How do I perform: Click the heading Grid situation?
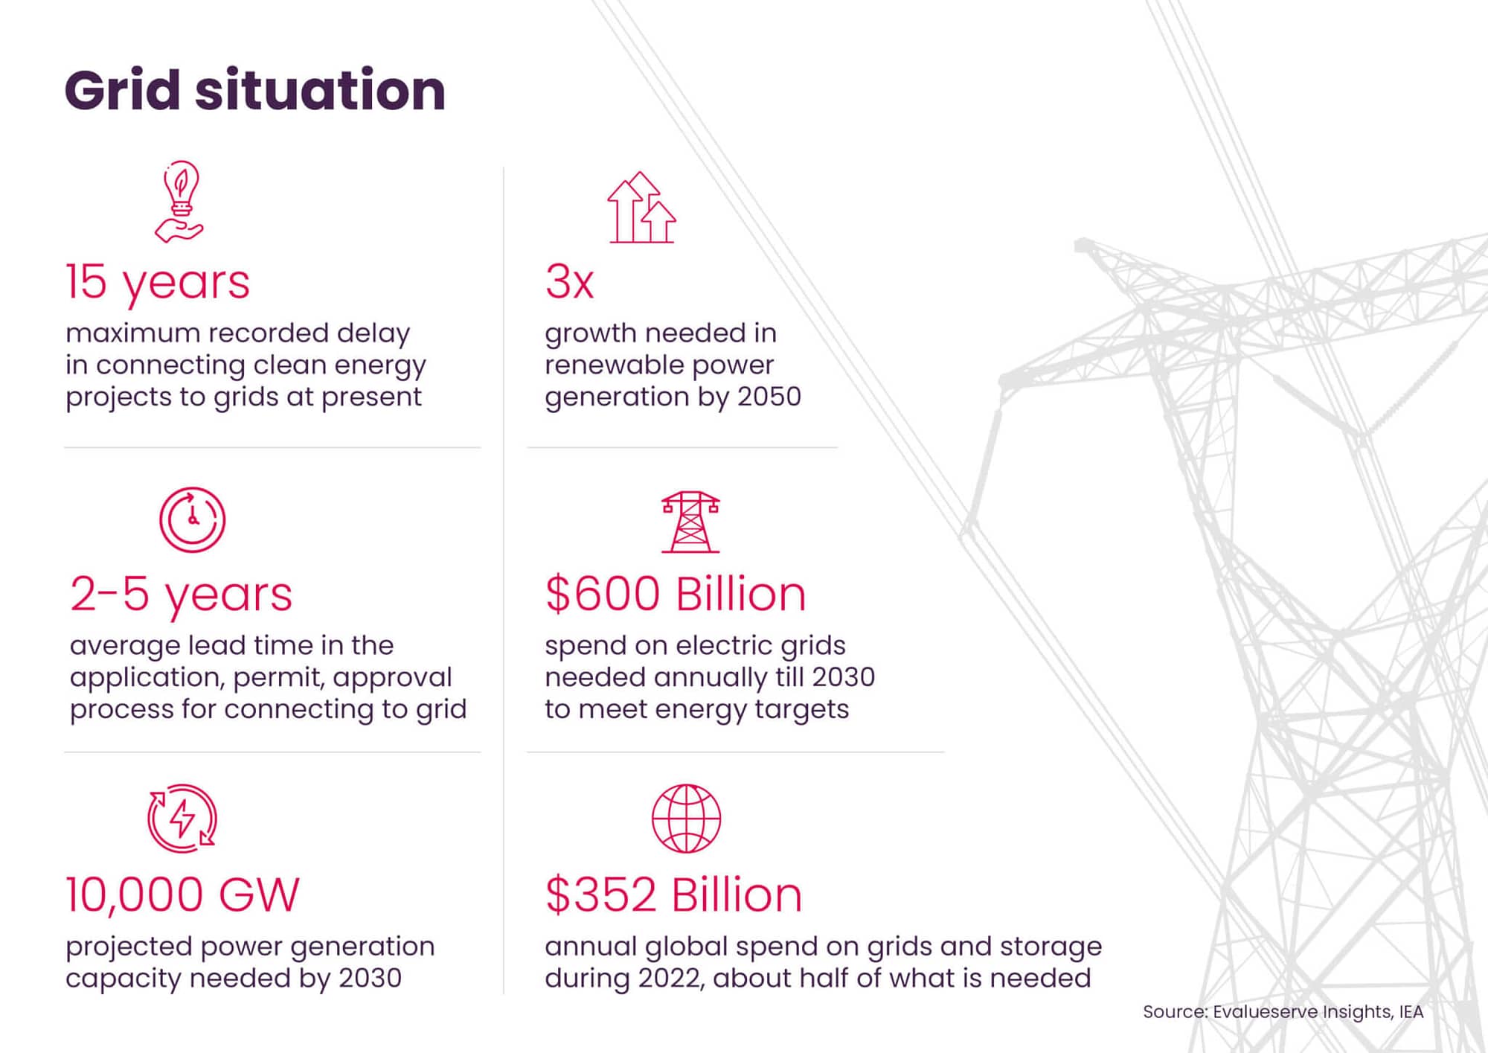tap(254, 91)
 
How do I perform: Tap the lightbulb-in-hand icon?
tap(179, 202)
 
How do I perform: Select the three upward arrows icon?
tap(641, 208)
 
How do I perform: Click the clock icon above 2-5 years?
tap(192, 519)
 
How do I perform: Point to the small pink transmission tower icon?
tap(690, 522)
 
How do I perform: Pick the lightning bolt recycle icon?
tap(182, 818)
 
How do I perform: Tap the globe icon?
tap(686, 818)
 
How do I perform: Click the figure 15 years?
tap(158, 283)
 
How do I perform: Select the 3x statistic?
tap(570, 282)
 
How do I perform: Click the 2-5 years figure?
tap(182, 595)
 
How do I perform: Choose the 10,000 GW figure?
tap(182, 894)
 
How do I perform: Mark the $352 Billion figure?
tap(674, 894)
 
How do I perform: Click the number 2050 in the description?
tap(769, 397)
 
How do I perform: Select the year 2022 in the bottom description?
tap(670, 978)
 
